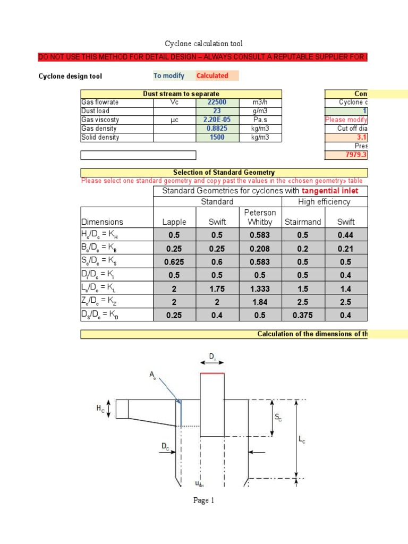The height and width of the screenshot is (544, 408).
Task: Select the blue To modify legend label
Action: [169, 76]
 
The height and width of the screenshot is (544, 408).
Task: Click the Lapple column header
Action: [174, 222]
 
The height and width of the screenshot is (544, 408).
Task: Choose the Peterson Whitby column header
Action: [260, 217]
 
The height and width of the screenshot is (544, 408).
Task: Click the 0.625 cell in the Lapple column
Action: [174, 262]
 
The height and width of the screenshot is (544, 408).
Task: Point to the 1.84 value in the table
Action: [260, 302]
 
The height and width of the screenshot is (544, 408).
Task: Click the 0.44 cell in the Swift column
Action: [346, 235]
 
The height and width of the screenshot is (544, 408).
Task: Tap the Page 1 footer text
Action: [204, 500]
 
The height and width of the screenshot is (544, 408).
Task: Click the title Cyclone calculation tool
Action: [204, 44]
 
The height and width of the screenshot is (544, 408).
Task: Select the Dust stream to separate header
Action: [181, 94]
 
